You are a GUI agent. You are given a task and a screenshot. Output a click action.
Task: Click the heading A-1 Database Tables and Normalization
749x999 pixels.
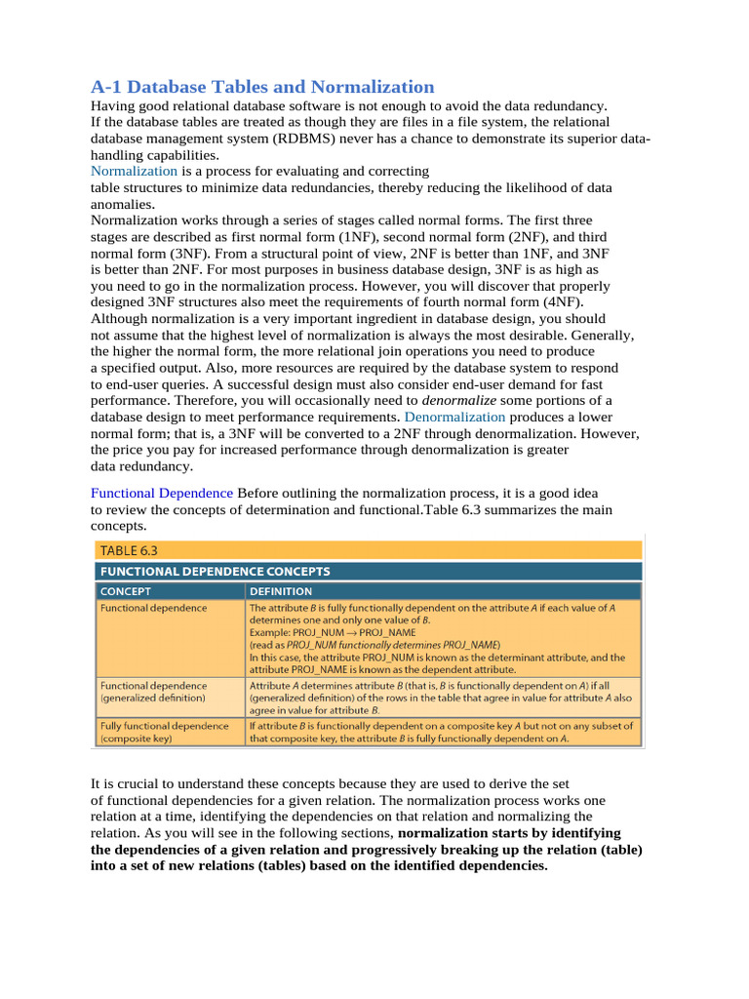click(262, 86)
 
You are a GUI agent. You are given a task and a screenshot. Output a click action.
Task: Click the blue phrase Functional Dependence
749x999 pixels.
click(162, 494)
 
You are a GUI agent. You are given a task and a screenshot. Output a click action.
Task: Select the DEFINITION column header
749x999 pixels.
click(281, 591)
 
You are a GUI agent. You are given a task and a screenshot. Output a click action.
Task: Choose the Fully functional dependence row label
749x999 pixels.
click(165, 726)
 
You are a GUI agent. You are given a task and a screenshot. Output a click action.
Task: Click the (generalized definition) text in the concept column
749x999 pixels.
click(153, 699)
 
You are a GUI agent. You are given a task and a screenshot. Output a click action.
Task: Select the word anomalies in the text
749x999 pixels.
click(122, 204)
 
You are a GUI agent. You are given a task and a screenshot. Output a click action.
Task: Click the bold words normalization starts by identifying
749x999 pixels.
click(511, 832)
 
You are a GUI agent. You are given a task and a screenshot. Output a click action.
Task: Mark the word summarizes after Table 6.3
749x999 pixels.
click(528, 510)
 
